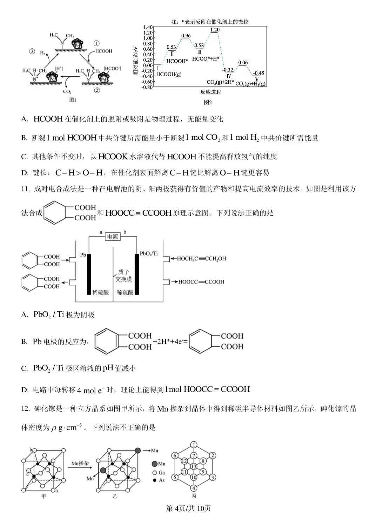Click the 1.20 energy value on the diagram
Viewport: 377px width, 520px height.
pyautogui.click(x=215, y=30)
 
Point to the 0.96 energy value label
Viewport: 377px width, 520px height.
pyautogui.click(x=186, y=36)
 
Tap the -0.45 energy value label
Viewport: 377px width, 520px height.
pyautogui.click(x=258, y=73)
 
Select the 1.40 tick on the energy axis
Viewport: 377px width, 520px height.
pyautogui.click(x=148, y=27)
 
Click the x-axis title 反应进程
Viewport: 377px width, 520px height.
pyautogui.click(x=211, y=92)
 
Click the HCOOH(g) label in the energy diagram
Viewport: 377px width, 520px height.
pyautogui.click(x=169, y=74)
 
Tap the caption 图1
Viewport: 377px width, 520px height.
pyautogui.click(x=73, y=100)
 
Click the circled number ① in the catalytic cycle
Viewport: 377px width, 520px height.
pyautogui.click(x=96, y=43)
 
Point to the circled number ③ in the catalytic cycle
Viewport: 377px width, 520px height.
pyautogui.click(x=32, y=51)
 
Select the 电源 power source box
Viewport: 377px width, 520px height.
pyautogui.click(x=112, y=237)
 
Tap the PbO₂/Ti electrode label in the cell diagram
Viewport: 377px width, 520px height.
pyautogui.click(x=149, y=254)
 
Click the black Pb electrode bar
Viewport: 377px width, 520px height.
pyautogui.click(x=89, y=274)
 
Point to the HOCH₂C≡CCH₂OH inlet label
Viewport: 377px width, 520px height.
pyautogui.click(x=201, y=259)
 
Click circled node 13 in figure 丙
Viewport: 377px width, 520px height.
pyautogui.click(x=194, y=466)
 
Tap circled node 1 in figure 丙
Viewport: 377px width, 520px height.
pyautogui.click(x=194, y=445)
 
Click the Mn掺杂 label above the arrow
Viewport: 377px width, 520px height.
pyautogui.click(x=80, y=464)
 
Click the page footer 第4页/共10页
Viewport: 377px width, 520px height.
pyautogui.click(x=188, y=508)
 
